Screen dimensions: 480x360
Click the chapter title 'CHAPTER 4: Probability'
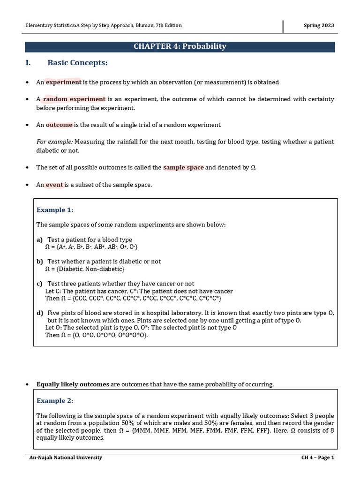[180, 46]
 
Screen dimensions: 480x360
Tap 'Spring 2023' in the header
[319, 25]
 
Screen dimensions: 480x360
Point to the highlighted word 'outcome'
[59, 125]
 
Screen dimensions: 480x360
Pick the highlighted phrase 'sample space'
[183, 167]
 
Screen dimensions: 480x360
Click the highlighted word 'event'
[54, 185]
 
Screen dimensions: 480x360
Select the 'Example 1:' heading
[55, 210]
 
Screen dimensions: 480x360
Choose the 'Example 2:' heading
[55, 401]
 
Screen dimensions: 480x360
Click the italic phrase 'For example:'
[54, 142]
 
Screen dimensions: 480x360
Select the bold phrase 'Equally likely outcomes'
[73, 384]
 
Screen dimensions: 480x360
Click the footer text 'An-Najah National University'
[66, 457]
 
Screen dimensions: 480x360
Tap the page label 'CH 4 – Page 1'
[317, 457]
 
